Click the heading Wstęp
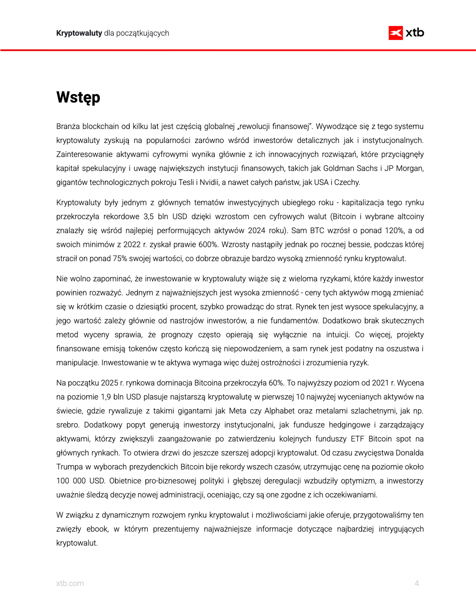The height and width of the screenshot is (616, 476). pyautogui.click(x=78, y=98)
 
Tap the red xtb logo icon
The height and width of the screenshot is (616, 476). pyautogui.click(x=396, y=33)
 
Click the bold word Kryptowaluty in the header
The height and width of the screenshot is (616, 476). pyautogui.click(x=79, y=33)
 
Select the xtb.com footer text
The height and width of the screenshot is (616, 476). pyautogui.click(x=70, y=583)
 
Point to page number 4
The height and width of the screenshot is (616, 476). pyautogui.click(x=417, y=583)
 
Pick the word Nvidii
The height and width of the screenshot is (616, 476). pyautogui.click(x=209, y=182)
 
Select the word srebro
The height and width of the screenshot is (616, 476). pyautogui.click(x=68, y=425)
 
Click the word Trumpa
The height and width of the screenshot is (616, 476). pyautogui.click(x=70, y=467)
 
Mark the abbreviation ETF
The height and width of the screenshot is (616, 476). pyautogui.click(x=357, y=439)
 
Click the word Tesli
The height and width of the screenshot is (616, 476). pyautogui.click(x=186, y=182)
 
